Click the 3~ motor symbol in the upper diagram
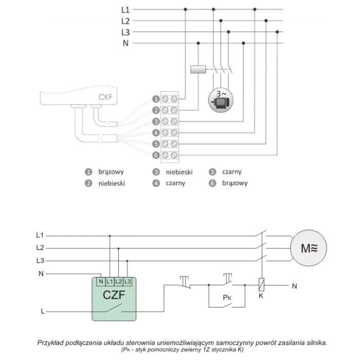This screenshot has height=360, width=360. pyautogui.click(x=221, y=100)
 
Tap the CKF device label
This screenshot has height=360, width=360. pyautogui.click(x=105, y=97)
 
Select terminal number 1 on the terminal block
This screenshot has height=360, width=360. pyautogui.click(x=156, y=99)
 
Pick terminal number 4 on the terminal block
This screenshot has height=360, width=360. pyautogui.click(x=156, y=133)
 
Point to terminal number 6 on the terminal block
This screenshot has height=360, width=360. pyautogui.click(x=156, y=155)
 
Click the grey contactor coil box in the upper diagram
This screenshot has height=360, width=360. pyautogui.click(x=198, y=69)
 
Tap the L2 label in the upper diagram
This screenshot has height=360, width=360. pyautogui.click(x=125, y=21)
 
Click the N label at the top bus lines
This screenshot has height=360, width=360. pyautogui.click(x=125, y=43)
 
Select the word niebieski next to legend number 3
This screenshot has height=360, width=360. pyautogui.click(x=179, y=172)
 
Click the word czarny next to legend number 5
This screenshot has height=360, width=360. pyautogui.click(x=231, y=172)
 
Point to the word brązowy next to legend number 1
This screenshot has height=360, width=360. pyautogui.click(x=111, y=172)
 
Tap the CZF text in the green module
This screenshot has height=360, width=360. pyautogui.click(x=114, y=295)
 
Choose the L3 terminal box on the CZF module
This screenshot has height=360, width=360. pyautogui.click(x=128, y=281)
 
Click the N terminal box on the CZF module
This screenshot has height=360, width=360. pyautogui.click(x=101, y=281)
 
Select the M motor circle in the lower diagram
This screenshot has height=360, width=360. pyautogui.click(x=309, y=248)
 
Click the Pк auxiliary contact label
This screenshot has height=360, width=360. pyautogui.click(x=227, y=298)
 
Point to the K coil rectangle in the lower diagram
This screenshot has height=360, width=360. pyautogui.click(x=261, y=285)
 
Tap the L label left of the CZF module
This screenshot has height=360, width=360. pyautogui.click(x=43, y=311)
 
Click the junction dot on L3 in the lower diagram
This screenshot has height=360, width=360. pyautogui.click(x=127, y=261)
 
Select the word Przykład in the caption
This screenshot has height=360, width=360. pyautogui.click(x=50, y=343)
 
